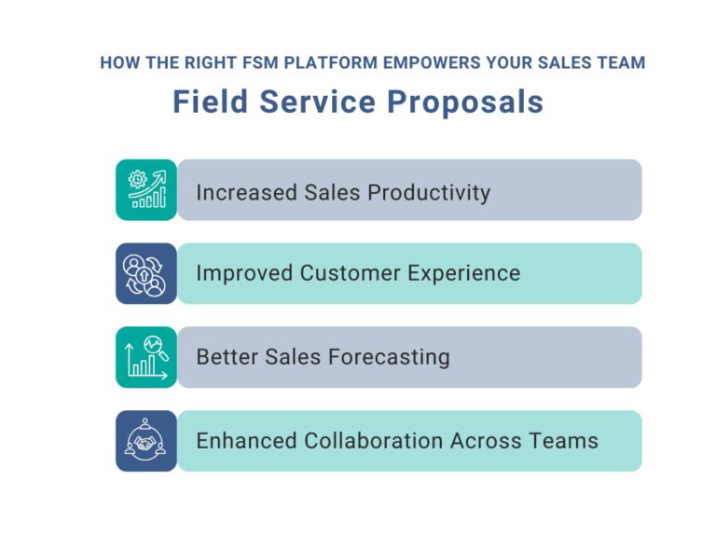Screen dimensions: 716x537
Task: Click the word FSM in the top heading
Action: coord(260,62)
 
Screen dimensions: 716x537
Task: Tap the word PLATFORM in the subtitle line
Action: coord(331,62)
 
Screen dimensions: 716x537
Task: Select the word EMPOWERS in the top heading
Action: coord(432,62)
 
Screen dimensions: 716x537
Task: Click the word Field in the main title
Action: coord(211,102)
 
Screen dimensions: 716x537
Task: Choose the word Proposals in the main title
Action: coord(465,103)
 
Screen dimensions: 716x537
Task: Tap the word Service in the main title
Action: coord(317,102)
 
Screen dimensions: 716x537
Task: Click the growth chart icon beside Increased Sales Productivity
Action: coord(146,189)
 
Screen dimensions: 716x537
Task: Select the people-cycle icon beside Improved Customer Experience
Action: coord(146,273)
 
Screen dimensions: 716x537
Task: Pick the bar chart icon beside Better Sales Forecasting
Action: coord(146,357)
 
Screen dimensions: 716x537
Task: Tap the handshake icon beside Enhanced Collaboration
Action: coord(146,441)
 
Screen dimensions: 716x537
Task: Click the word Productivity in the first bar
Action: coord(429,193)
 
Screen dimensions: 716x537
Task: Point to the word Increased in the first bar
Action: coord(247,192)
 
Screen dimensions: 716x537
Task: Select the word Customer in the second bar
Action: coord(351,273)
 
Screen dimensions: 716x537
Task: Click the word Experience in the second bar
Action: coord(464,274)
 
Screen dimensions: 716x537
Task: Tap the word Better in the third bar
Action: coord(227,357)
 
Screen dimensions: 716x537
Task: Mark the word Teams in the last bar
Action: coord(563,441)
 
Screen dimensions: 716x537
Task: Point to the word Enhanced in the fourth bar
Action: coord(247,441)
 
